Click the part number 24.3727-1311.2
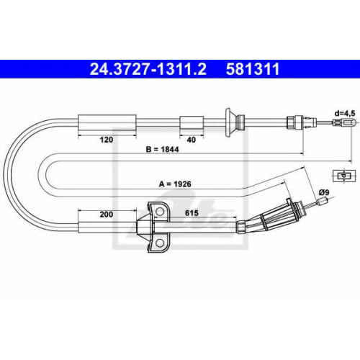point(148,69)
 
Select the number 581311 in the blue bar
point(253,69)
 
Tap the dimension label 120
point(107,140)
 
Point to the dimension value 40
point(192,140)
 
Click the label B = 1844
point(163,149)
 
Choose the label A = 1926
point(175,184)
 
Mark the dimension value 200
point(107,214)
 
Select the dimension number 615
point(192,213)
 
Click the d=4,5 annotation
point(345,113)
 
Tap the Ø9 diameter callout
point(324,192)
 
